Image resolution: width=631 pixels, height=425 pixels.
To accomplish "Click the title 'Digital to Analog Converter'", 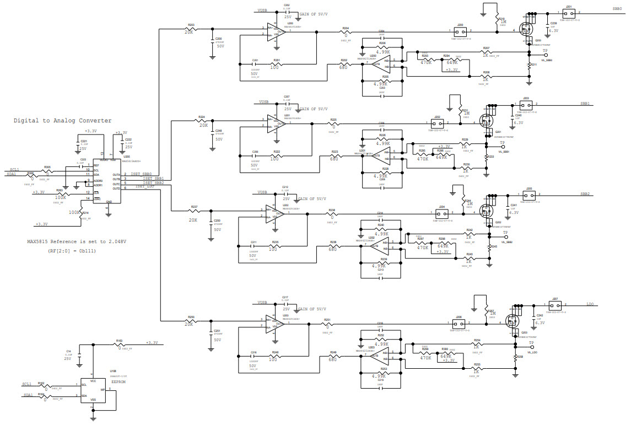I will pyautogui.click(x=62, y=120).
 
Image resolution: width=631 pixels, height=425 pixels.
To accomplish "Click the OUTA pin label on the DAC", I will pyautogui.click(x=116, y=175).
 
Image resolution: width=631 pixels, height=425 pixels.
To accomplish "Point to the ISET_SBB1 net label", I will pyautogui.click(x=154, y=179).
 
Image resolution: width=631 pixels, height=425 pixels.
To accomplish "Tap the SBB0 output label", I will pyautogui.click(x=616, y=9).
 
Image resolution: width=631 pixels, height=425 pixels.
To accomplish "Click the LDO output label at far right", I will pyautogui.click(x=590, y=304).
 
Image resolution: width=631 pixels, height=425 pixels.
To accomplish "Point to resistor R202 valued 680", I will pyautogui.click(x=344, y=64).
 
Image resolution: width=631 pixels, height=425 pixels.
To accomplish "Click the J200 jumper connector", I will pyautogui.click(x=460, y=31).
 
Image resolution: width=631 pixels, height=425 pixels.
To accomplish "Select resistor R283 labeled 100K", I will pyautogui.click(x=61, y=194).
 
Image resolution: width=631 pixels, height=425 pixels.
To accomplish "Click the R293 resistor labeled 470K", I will pyautogui.click(x=425, y=61).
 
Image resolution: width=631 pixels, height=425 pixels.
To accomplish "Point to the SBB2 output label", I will pyautogui.click(x=585, y=194).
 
